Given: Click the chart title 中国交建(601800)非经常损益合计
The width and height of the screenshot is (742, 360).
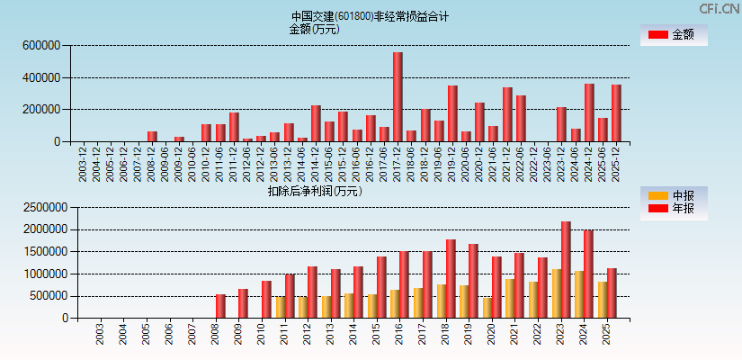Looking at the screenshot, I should [370, 16].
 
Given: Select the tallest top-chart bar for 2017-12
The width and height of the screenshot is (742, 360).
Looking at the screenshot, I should [398, 97].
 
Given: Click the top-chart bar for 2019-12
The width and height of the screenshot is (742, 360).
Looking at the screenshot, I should [452, 113].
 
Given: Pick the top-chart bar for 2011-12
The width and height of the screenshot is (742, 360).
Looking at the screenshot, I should [234, 127].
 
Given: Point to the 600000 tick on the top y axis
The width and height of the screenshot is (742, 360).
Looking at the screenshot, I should [42, 45].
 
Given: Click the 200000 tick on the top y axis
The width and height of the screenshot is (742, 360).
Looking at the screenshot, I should [42, 110].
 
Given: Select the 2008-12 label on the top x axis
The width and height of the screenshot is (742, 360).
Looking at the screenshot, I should [152, 163].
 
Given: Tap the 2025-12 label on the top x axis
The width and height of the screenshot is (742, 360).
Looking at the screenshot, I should [616, 163].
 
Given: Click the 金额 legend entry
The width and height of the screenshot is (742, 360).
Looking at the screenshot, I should [674, 35].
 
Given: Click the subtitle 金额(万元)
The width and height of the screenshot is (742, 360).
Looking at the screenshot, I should [314, 29].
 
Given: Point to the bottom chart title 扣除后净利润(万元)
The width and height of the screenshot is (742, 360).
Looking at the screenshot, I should [315, 191].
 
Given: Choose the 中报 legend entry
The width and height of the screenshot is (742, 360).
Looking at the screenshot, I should [674, 195].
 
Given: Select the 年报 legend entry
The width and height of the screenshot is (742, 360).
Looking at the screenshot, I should [674, 208].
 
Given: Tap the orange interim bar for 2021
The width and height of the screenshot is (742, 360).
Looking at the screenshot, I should [510, 298].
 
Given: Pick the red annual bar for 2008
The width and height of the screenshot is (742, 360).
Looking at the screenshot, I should [220, 306].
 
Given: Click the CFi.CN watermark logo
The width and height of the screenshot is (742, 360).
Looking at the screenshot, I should [718, 8].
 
